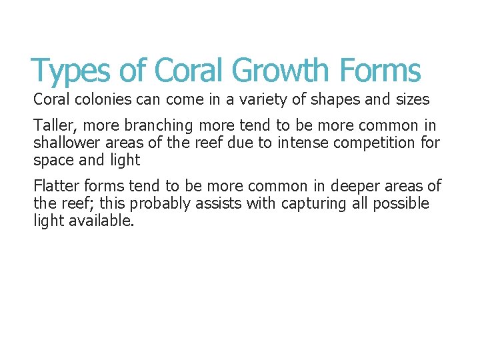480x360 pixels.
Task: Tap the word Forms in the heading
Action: (380, 70)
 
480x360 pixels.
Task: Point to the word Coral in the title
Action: (190, 70)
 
